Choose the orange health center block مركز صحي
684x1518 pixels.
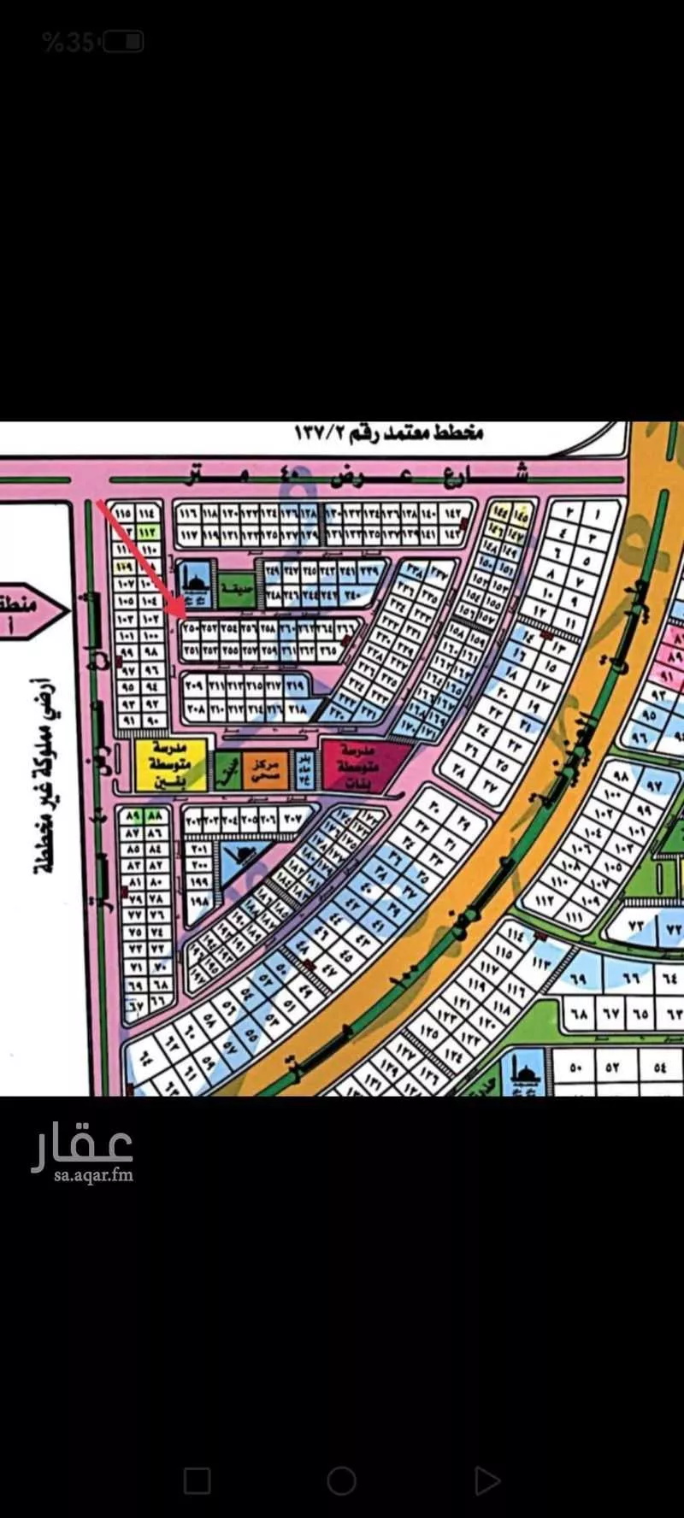click(x=265, y=769)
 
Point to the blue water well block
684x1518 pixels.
click(x=304, y=769)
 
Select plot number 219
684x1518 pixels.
click(x=295, y=685)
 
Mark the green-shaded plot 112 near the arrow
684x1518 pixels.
click(x=146, y=531)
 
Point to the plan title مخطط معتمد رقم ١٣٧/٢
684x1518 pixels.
click(x=389, y=432)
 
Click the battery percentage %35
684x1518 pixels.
click(x=68, y=42)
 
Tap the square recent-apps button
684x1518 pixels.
click(x=198, y=1480)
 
